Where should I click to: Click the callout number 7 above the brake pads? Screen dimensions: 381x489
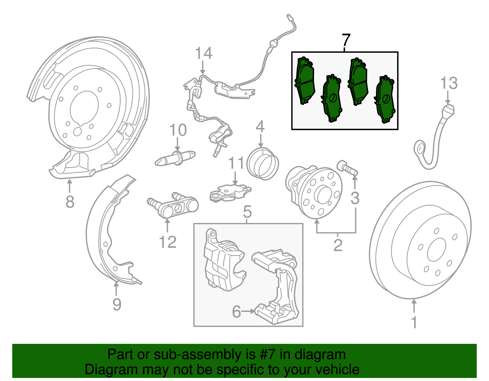point(345,40)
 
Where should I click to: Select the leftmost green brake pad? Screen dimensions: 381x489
point(304,81)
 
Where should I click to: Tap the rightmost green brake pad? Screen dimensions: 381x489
point(385,100)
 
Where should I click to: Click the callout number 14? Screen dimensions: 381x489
point(204,54)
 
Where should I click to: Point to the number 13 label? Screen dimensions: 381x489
point(449,83)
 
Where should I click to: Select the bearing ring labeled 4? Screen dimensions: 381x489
point(263,164)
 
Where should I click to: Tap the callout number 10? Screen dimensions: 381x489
point(178,131)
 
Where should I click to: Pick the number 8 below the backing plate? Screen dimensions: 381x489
point(70,202)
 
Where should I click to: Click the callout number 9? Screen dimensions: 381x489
point(117,304)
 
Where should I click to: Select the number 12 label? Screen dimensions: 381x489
point(167,243)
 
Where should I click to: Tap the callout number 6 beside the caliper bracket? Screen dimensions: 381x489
point(237,312)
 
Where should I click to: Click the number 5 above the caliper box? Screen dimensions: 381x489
point(247,212)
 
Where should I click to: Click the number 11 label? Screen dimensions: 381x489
point(236,164)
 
